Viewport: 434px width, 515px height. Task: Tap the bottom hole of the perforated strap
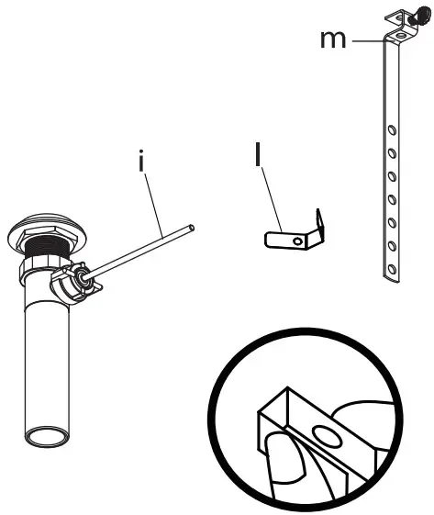(x=392, y=269)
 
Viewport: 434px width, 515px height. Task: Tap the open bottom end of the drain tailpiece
(x=45, y=436)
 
